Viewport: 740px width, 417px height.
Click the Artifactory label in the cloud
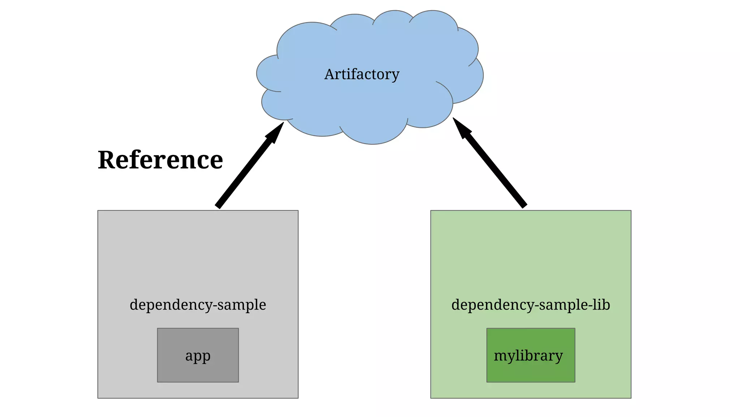(x=362, y=75)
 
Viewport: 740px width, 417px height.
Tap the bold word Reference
(x=160, y=160)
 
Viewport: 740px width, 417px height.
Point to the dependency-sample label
(x=198, y=305)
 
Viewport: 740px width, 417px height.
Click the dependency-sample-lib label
(x=530, y=305)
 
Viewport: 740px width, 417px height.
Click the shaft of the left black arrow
(x=246, y=170)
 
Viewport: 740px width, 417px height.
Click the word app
(x=198, y=356)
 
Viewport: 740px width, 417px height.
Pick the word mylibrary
(x=528, y=356)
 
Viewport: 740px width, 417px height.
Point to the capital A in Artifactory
(x=330, y=75)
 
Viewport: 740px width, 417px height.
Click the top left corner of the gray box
(x=98, y=211)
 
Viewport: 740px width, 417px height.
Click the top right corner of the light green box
(x=631, y=211)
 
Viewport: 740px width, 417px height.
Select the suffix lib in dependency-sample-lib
(x=601, y=305)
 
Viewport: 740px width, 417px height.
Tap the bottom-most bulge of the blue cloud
(x=373, y=139)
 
